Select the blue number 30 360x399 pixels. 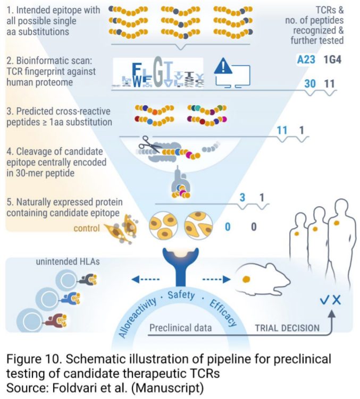tap(309, 84)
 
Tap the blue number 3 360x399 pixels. tap(242, 198)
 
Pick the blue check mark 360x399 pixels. tap(324, 300)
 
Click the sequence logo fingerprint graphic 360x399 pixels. tap(157, 72)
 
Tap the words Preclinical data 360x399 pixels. tap(180, 328)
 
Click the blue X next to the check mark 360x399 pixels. tap(336, 300)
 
